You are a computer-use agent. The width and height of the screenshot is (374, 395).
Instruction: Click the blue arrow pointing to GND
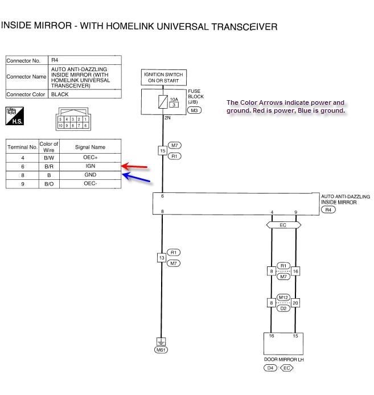click(x=137, y=178)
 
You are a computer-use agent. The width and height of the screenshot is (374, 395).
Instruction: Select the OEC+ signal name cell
click(x=90, y=157)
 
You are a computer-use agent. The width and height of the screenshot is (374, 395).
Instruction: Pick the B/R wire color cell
click(x=48, y=166)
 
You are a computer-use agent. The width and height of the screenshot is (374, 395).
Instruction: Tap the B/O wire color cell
click(x=48, y=184)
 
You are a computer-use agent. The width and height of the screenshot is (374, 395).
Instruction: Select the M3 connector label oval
click(x=195, y=110)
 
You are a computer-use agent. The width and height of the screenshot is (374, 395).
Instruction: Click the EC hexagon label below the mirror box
click(x=283, y=225)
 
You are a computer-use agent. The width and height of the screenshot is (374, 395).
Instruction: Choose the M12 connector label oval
click(x=283, y=298)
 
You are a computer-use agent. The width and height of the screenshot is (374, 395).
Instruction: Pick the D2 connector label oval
click(x=283, y=308)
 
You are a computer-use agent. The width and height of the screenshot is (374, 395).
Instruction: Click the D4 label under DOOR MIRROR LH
click(x=270, y=368)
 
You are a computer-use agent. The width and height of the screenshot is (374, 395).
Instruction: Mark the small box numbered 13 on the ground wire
click(x=162, y=258)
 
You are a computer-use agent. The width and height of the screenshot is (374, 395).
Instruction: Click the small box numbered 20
click(x=295, y=303)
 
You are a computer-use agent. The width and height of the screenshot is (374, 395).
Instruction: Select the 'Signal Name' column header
click(x=90, y=147)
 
